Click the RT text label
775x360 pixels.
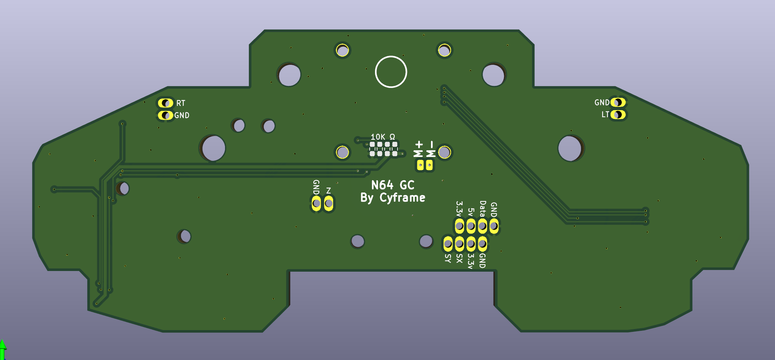coord(181,103)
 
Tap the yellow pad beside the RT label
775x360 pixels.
coord(165,103)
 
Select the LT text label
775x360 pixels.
coord(605,114)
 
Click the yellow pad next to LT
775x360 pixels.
coord(618,115)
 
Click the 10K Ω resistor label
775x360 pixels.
coord(383,137)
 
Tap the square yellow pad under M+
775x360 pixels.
coord(420,165)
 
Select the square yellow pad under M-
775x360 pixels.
coord(429,165)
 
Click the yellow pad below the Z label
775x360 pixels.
coord(329,203)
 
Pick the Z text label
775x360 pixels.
coord(329,191)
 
